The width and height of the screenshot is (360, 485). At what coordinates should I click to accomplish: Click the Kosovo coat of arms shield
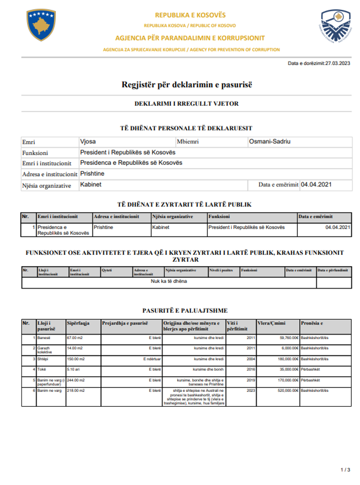[x=41, y=25]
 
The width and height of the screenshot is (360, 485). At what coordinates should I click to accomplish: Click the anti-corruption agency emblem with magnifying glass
[x=335, y=26]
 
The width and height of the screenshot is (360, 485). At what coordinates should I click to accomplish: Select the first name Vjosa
[x=88, y=141]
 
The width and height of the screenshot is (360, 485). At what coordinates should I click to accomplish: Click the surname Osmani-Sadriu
[x=270, y=141]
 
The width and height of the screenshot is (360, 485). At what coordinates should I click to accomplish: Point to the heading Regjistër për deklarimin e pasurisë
[x=187, y=85]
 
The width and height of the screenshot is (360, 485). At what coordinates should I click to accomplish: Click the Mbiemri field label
[x=188, y=141]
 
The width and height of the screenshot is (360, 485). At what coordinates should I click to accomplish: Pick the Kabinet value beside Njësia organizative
[x=91, y=184]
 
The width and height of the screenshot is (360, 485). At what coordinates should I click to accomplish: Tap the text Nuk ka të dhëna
[x=169, y=281]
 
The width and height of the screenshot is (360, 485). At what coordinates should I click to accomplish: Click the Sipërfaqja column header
[x=78, y=323]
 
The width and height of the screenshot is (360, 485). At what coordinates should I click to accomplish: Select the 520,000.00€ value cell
[x=288, y=391]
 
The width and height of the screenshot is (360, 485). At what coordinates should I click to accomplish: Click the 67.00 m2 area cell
[x=75, y=338]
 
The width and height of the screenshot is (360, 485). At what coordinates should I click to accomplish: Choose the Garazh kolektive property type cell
[x=44, y=350]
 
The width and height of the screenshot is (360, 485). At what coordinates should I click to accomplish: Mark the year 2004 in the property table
[x=251, y=359]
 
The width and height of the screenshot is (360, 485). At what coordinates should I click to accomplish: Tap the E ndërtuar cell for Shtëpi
[x=152, y=359]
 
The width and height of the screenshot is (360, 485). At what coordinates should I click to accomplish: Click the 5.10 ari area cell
[x=73, y=369]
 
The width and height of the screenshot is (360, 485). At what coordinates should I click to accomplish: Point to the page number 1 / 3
[x=345, y=470]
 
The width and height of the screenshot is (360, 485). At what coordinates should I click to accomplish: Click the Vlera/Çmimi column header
[x=271, y=323]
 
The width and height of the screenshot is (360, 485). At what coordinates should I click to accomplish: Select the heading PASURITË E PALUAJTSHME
[x=185, y=310]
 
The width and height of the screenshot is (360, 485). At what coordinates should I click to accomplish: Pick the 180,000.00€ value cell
[x=288, y=359]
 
